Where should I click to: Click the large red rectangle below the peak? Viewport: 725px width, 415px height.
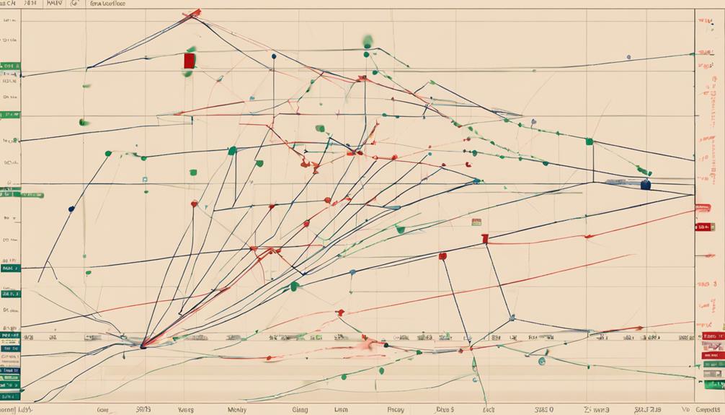[189, 61]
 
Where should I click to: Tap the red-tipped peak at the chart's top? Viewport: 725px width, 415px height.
[193, 14]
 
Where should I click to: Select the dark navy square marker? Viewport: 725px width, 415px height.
[645, 185]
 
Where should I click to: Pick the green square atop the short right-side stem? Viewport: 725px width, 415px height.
[590, 142]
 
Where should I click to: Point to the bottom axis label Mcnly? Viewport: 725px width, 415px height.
[237, 409]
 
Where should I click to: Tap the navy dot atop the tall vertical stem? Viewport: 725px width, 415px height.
[274, 56]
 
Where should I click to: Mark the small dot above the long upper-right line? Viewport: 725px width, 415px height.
[629, 56]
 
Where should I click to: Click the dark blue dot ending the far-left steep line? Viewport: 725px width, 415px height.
[71, 209]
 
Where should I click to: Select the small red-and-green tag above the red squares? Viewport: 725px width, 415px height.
[476, 222]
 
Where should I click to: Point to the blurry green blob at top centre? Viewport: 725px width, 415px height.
[368, 41]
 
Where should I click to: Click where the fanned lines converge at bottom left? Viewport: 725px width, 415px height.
[143, 346]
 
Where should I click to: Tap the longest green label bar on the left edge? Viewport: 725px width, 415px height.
[22, 195]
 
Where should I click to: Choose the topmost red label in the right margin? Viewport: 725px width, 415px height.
[705, 22]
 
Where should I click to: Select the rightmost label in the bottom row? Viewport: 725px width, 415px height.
[710, 409]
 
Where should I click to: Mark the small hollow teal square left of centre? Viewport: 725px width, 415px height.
[144, 179]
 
